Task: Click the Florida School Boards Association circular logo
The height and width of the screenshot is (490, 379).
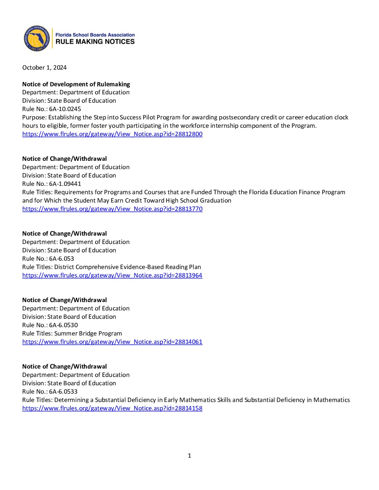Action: (37, 38)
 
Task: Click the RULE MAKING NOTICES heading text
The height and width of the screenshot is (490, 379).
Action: (95, 42)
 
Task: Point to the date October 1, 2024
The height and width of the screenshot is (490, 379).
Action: (44, 68)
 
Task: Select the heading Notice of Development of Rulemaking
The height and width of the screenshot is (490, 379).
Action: (76, 84)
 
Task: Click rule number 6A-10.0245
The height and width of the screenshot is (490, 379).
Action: (65, 109)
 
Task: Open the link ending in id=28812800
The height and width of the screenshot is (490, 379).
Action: (112, 134)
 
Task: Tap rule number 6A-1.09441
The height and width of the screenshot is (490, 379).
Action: (65, 184)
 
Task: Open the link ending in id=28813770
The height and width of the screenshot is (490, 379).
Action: (112, 209)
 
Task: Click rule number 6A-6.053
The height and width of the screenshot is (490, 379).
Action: (61, 259)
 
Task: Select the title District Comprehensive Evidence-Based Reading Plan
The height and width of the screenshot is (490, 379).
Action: (127, 267)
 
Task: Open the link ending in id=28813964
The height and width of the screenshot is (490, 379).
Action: (112, 275)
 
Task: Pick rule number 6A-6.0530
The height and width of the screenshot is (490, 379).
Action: (63, 325)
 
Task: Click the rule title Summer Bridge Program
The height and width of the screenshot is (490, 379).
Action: (88, 333)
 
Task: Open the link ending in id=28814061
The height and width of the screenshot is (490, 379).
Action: (112, 342)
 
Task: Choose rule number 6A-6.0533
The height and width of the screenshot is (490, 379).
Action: (63, 392)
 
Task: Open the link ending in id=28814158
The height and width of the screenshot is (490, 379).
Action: (112, 408)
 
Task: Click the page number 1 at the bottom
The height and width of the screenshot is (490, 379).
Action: (189, 456)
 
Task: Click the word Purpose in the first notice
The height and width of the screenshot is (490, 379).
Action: (34, 117)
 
